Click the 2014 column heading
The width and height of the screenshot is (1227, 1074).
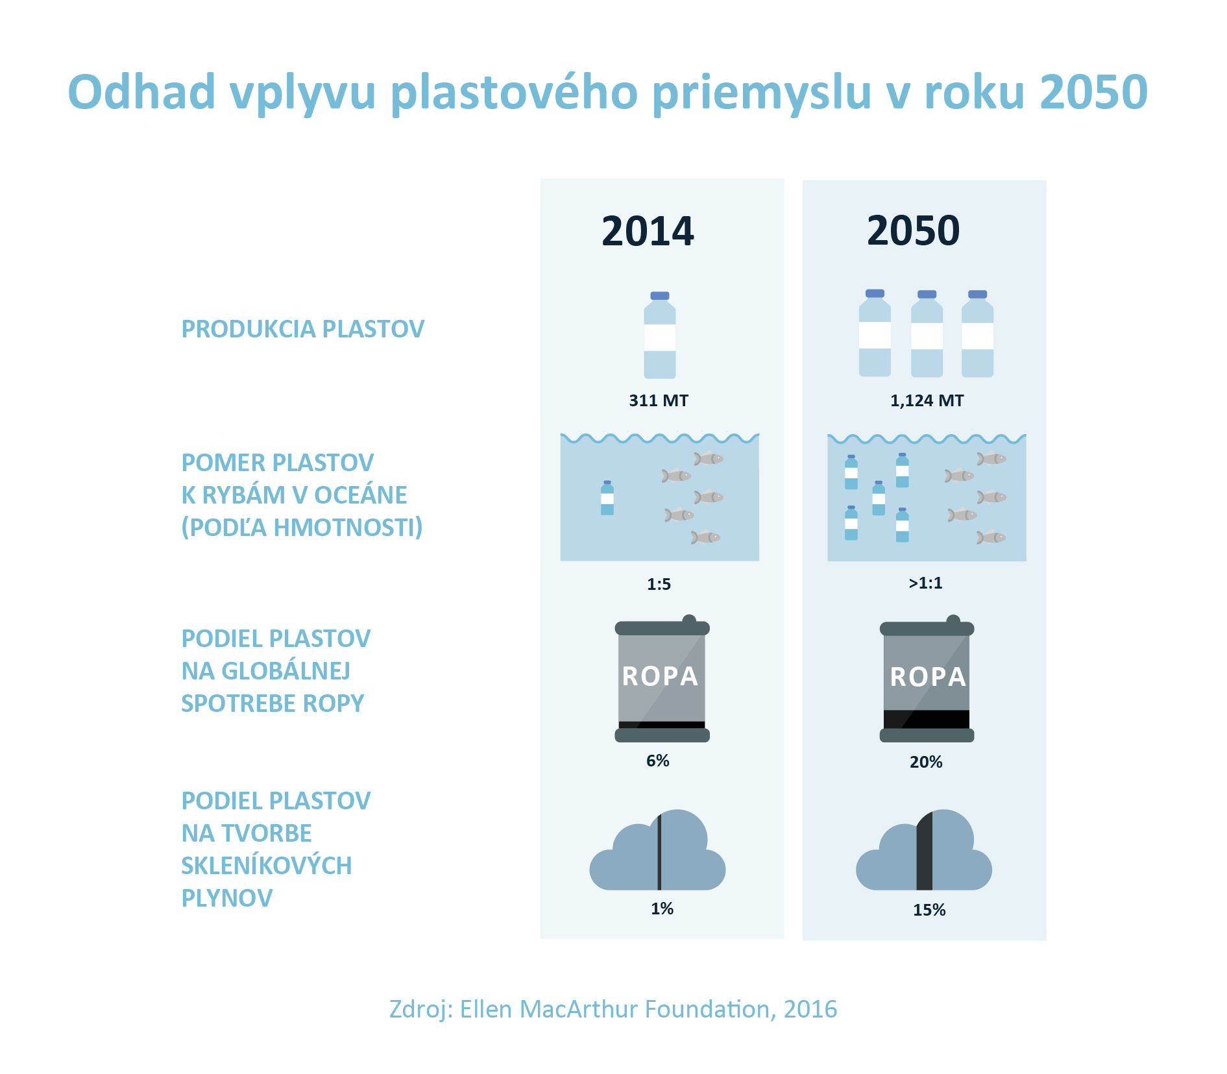pyautogui.click(x=648, y=231)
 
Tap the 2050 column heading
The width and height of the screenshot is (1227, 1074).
pyautogui.click(x=913, y=230)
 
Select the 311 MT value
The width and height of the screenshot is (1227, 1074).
pyautogui.click(x=659, y=400)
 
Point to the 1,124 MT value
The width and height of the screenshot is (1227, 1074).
pyautogui.click(x=927, y=401)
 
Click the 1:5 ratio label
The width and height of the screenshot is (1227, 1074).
pyautogui.click(x=659, y=584)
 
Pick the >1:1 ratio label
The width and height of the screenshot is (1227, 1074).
pyautogui.click(x=925, y=583)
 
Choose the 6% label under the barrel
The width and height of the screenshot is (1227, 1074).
pyautogui.click(x=658, y=761)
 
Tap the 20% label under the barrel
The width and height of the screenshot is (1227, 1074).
pyautogui.click(x=926, y=762)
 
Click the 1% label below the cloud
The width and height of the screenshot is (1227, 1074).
pyautogui.click(x=662, y=909)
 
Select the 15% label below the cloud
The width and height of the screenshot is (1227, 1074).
pyautogui.click(x=929, y=910)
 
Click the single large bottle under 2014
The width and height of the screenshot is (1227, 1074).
pyautogui.click(x=660, y=335)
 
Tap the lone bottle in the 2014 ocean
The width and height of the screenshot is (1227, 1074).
pyautogui.click(x=607, y=498)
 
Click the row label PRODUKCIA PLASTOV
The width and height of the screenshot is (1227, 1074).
pyautogui.click(x=302, y=329)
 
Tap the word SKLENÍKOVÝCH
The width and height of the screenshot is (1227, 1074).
pyautogui.click(x=267, y=866)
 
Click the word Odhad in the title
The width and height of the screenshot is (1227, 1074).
pyautogui.click(x=141, y=92)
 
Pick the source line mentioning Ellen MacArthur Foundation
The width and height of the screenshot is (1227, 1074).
pyautogui.click(x=613, y=1009)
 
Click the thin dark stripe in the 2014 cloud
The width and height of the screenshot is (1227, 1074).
pyautogui.click(x=659, y=851)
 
